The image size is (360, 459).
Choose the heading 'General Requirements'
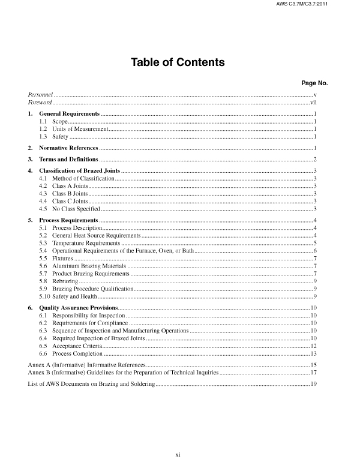[69, 114]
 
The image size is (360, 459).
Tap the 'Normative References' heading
[68, 148]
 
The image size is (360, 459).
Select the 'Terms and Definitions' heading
[68, 160]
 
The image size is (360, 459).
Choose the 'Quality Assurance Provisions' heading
[77, 307]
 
